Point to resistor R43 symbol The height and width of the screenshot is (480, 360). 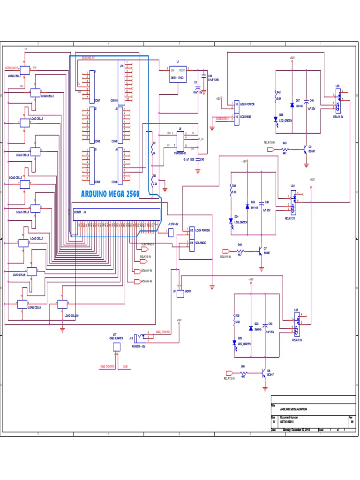285,150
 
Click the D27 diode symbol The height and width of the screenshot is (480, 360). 292,105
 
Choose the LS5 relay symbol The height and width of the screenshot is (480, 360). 296,325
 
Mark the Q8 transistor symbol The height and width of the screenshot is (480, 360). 264,373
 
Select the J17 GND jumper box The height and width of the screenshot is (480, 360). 117,346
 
